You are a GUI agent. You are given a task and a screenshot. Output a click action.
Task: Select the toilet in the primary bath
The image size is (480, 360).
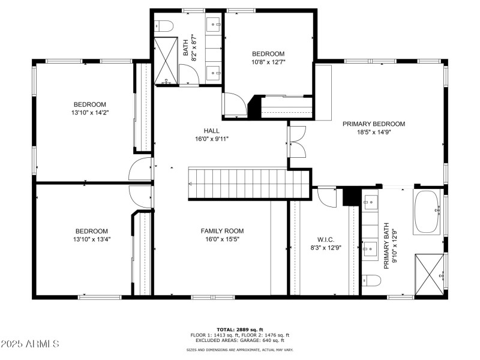click(x=372, y=280)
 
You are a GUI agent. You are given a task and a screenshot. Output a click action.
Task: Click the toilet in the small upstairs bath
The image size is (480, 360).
click(x=163, y=25)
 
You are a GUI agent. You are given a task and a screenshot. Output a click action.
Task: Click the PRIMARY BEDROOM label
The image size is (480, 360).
click(x=374, y=124)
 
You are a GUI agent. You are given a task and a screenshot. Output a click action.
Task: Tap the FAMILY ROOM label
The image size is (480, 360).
click(x=222, y=231)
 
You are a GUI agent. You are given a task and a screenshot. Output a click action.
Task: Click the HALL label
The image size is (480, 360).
click(x=211, y=130)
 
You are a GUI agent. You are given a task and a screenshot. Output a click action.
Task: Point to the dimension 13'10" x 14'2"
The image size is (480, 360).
click(x=89, y=112)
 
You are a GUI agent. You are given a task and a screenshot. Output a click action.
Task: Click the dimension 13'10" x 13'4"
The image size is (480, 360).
click(x=91, y=239)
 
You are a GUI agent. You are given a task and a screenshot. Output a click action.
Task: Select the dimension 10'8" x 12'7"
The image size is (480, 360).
click(x=268, y=61)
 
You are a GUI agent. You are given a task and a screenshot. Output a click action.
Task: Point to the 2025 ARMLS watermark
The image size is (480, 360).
click(x=30, y=344)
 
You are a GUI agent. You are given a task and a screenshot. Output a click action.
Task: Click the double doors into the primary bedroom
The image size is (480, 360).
click(x=297, y=142)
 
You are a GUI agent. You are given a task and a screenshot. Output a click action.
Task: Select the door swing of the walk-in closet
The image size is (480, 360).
click(x=327, y=197)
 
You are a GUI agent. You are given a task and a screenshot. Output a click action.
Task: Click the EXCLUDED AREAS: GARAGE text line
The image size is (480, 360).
click(x=240, y=341)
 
